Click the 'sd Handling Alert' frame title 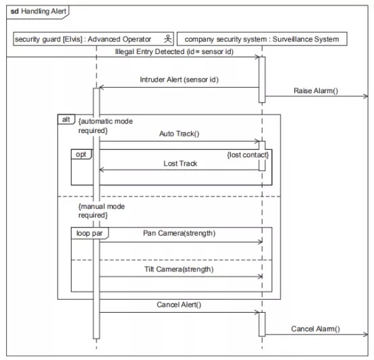[38, 11]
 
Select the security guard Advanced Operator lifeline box [93, 39]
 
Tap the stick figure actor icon [167, 39]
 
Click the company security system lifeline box [262, 39]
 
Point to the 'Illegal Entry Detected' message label [174, 51]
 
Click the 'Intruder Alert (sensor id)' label [179, 80]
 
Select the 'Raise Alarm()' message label [316, 91]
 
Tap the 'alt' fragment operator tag [66, 120]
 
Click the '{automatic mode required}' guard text [105, 126]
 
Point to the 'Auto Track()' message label [179, 134]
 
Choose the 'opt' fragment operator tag [81, 155]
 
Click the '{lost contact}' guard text [248, 155]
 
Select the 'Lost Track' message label [180, 163]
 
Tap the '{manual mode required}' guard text [101, 211]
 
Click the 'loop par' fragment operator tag [90, 233]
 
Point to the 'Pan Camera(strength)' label [179, 233]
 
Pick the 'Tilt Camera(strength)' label [179, 269]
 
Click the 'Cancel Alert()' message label [179, 305]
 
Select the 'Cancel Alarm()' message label [315, 329]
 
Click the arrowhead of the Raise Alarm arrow [367, 97]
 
